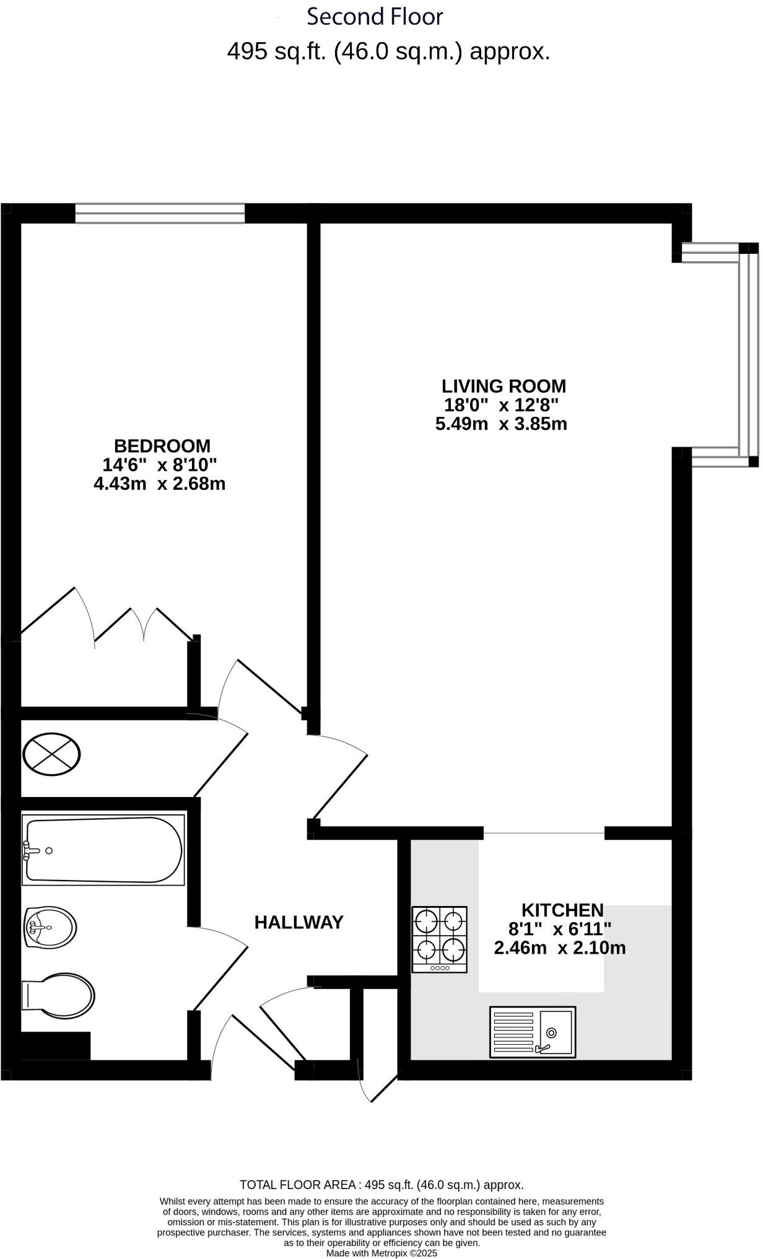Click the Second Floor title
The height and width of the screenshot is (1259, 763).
[x=375, y=17]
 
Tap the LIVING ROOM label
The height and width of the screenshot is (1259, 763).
[x=504, y=386]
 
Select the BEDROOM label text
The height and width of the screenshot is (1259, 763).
[x=162, y=446]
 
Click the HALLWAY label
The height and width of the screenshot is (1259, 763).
[x=299, y=923]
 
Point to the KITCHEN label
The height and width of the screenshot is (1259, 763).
[x=562, y=910]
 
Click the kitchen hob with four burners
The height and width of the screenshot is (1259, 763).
[x=440, y=939]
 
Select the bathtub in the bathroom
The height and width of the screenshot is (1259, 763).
[x=103, y=850]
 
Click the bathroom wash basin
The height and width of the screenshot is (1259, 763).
[x=50, y=927]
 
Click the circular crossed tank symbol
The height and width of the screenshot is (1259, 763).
[x=51, y=754]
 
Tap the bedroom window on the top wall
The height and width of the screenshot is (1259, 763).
[x=160, y=213]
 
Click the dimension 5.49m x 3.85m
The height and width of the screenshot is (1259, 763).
[x=501, y=424]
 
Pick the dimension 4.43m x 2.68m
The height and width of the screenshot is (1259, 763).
[x=159, y=484]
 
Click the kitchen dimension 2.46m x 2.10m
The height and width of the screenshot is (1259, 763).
[x=560, y=948]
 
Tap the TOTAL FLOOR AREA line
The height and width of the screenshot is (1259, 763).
[x=381, y=1185]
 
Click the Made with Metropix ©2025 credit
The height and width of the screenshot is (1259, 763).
[x=381, y=1253]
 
